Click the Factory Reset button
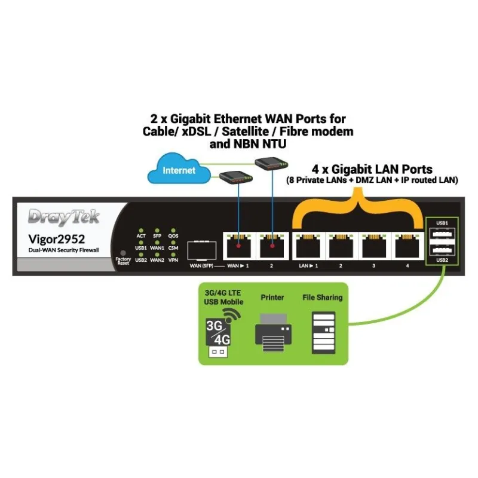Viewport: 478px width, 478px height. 122,253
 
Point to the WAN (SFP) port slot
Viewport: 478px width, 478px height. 201,249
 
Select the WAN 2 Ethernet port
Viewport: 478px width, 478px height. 272,245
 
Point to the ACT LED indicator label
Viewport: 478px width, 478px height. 141,237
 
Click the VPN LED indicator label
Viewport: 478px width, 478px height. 173,260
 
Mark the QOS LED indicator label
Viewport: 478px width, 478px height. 173,237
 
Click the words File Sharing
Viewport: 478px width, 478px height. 323,298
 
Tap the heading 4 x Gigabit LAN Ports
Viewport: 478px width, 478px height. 373,169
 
